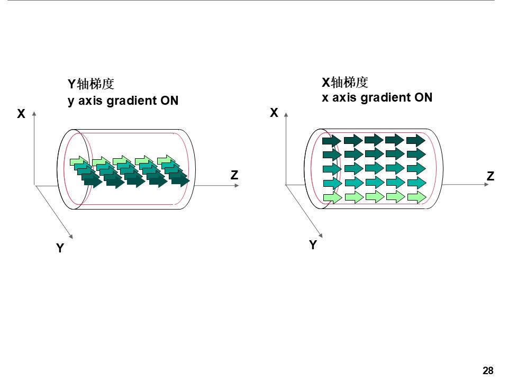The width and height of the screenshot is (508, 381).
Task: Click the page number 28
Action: pos(488,370)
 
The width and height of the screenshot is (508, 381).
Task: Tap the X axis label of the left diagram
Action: pos(21,114)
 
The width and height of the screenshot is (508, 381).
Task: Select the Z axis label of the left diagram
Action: pos(234,175)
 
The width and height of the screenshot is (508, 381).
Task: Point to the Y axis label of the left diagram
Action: pos(60,248)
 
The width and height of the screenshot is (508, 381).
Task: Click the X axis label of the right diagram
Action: pos(274,113)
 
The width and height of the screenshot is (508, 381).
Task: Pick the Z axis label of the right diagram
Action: pos(491,176)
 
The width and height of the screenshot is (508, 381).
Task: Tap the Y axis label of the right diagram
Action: pos(313,245)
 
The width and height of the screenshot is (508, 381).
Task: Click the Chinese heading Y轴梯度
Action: pos(91,84)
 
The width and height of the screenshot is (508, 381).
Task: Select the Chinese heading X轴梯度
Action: pos(345,82)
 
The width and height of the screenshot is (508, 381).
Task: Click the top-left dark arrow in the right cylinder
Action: pos(332,140)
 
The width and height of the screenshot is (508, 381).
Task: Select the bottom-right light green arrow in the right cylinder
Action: pos(416,197)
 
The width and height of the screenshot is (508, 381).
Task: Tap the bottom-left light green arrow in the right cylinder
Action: pos(332,197)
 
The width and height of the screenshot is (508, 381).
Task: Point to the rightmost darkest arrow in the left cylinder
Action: pos(180,181)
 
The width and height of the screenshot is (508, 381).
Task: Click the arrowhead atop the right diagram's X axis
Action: pos(286,113)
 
